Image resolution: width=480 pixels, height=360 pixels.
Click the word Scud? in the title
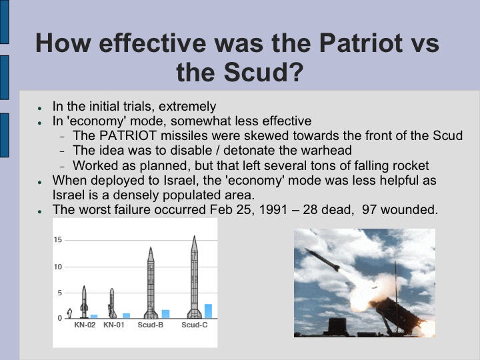256,71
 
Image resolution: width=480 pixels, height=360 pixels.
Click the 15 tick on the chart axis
58,240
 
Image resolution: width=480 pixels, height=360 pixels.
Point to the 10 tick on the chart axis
58,267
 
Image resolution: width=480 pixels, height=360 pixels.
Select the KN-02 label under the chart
86,325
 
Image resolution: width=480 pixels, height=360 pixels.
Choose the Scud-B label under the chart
151,325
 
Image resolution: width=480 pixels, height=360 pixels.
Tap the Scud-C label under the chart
195,325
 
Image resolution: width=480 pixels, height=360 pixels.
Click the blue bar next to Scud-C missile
208,311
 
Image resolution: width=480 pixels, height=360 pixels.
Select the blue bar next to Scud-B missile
165,313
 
